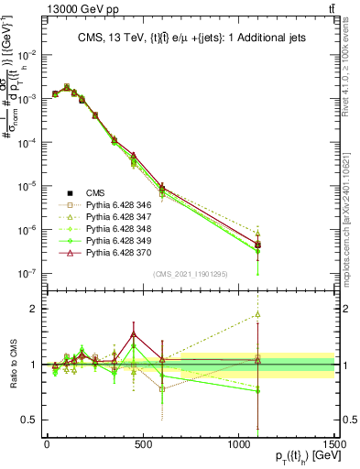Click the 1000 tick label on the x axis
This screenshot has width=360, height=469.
[x=238, y=444]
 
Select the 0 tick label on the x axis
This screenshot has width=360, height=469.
[x=47, y=444]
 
